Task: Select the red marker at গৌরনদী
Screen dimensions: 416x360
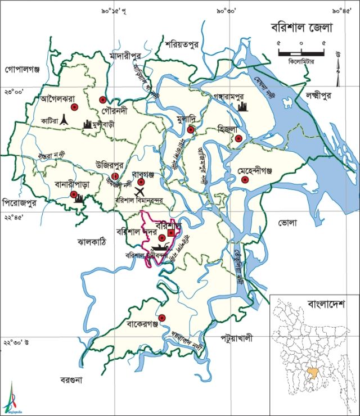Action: point(103,100)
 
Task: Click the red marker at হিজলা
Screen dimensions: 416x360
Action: point(238,138)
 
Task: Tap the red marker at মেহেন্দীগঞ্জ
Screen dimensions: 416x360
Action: point(245,180)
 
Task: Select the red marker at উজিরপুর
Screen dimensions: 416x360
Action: point(115,177)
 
